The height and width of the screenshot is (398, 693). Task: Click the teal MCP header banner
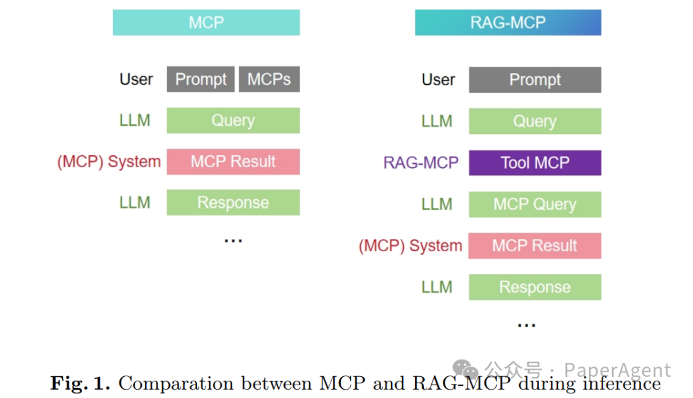[206, 22]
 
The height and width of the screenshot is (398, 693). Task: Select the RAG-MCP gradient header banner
[508, 22]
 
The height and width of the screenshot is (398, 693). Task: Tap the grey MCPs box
[269, 79]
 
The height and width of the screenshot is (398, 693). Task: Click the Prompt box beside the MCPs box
[201, 79]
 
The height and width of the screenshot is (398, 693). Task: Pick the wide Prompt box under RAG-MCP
[535, 80]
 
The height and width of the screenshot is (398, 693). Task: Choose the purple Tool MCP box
[535, 163]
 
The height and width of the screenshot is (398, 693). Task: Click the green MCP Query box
[535, 204]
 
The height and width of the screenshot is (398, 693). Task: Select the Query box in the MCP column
[233, 120]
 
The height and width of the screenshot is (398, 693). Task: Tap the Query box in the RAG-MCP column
[535, 121]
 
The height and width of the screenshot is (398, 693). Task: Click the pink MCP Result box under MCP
[233, 162]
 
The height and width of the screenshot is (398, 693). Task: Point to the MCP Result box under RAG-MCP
[535, 245]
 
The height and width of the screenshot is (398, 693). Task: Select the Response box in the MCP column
[233, 203]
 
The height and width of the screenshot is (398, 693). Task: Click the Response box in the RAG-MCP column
[535, 287]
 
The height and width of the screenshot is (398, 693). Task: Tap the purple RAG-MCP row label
[421, 163]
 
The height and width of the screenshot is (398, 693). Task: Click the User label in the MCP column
[136, 79]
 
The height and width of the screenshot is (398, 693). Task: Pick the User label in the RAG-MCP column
[438, 80]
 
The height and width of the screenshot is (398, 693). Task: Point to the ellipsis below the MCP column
[233, 241]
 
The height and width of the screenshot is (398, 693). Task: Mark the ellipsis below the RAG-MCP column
[526, 326]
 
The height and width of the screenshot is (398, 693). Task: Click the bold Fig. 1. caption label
[80, 383]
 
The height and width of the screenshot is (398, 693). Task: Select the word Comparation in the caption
[176, 384]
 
